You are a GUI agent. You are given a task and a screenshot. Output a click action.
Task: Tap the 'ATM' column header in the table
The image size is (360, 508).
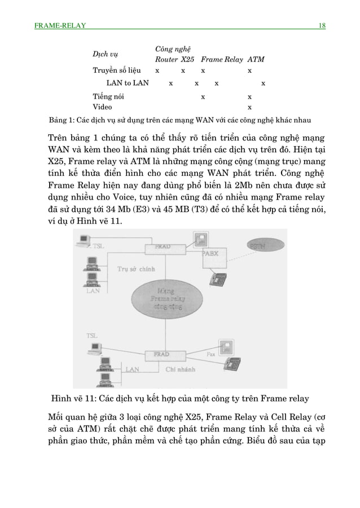256,59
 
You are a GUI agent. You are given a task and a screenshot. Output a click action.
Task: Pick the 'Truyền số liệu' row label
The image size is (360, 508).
117,71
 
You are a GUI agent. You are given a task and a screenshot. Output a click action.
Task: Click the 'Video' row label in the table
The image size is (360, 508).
102,107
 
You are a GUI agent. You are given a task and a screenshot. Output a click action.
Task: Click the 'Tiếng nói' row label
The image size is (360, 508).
109,96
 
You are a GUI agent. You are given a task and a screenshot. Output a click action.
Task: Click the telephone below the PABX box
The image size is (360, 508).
218,278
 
